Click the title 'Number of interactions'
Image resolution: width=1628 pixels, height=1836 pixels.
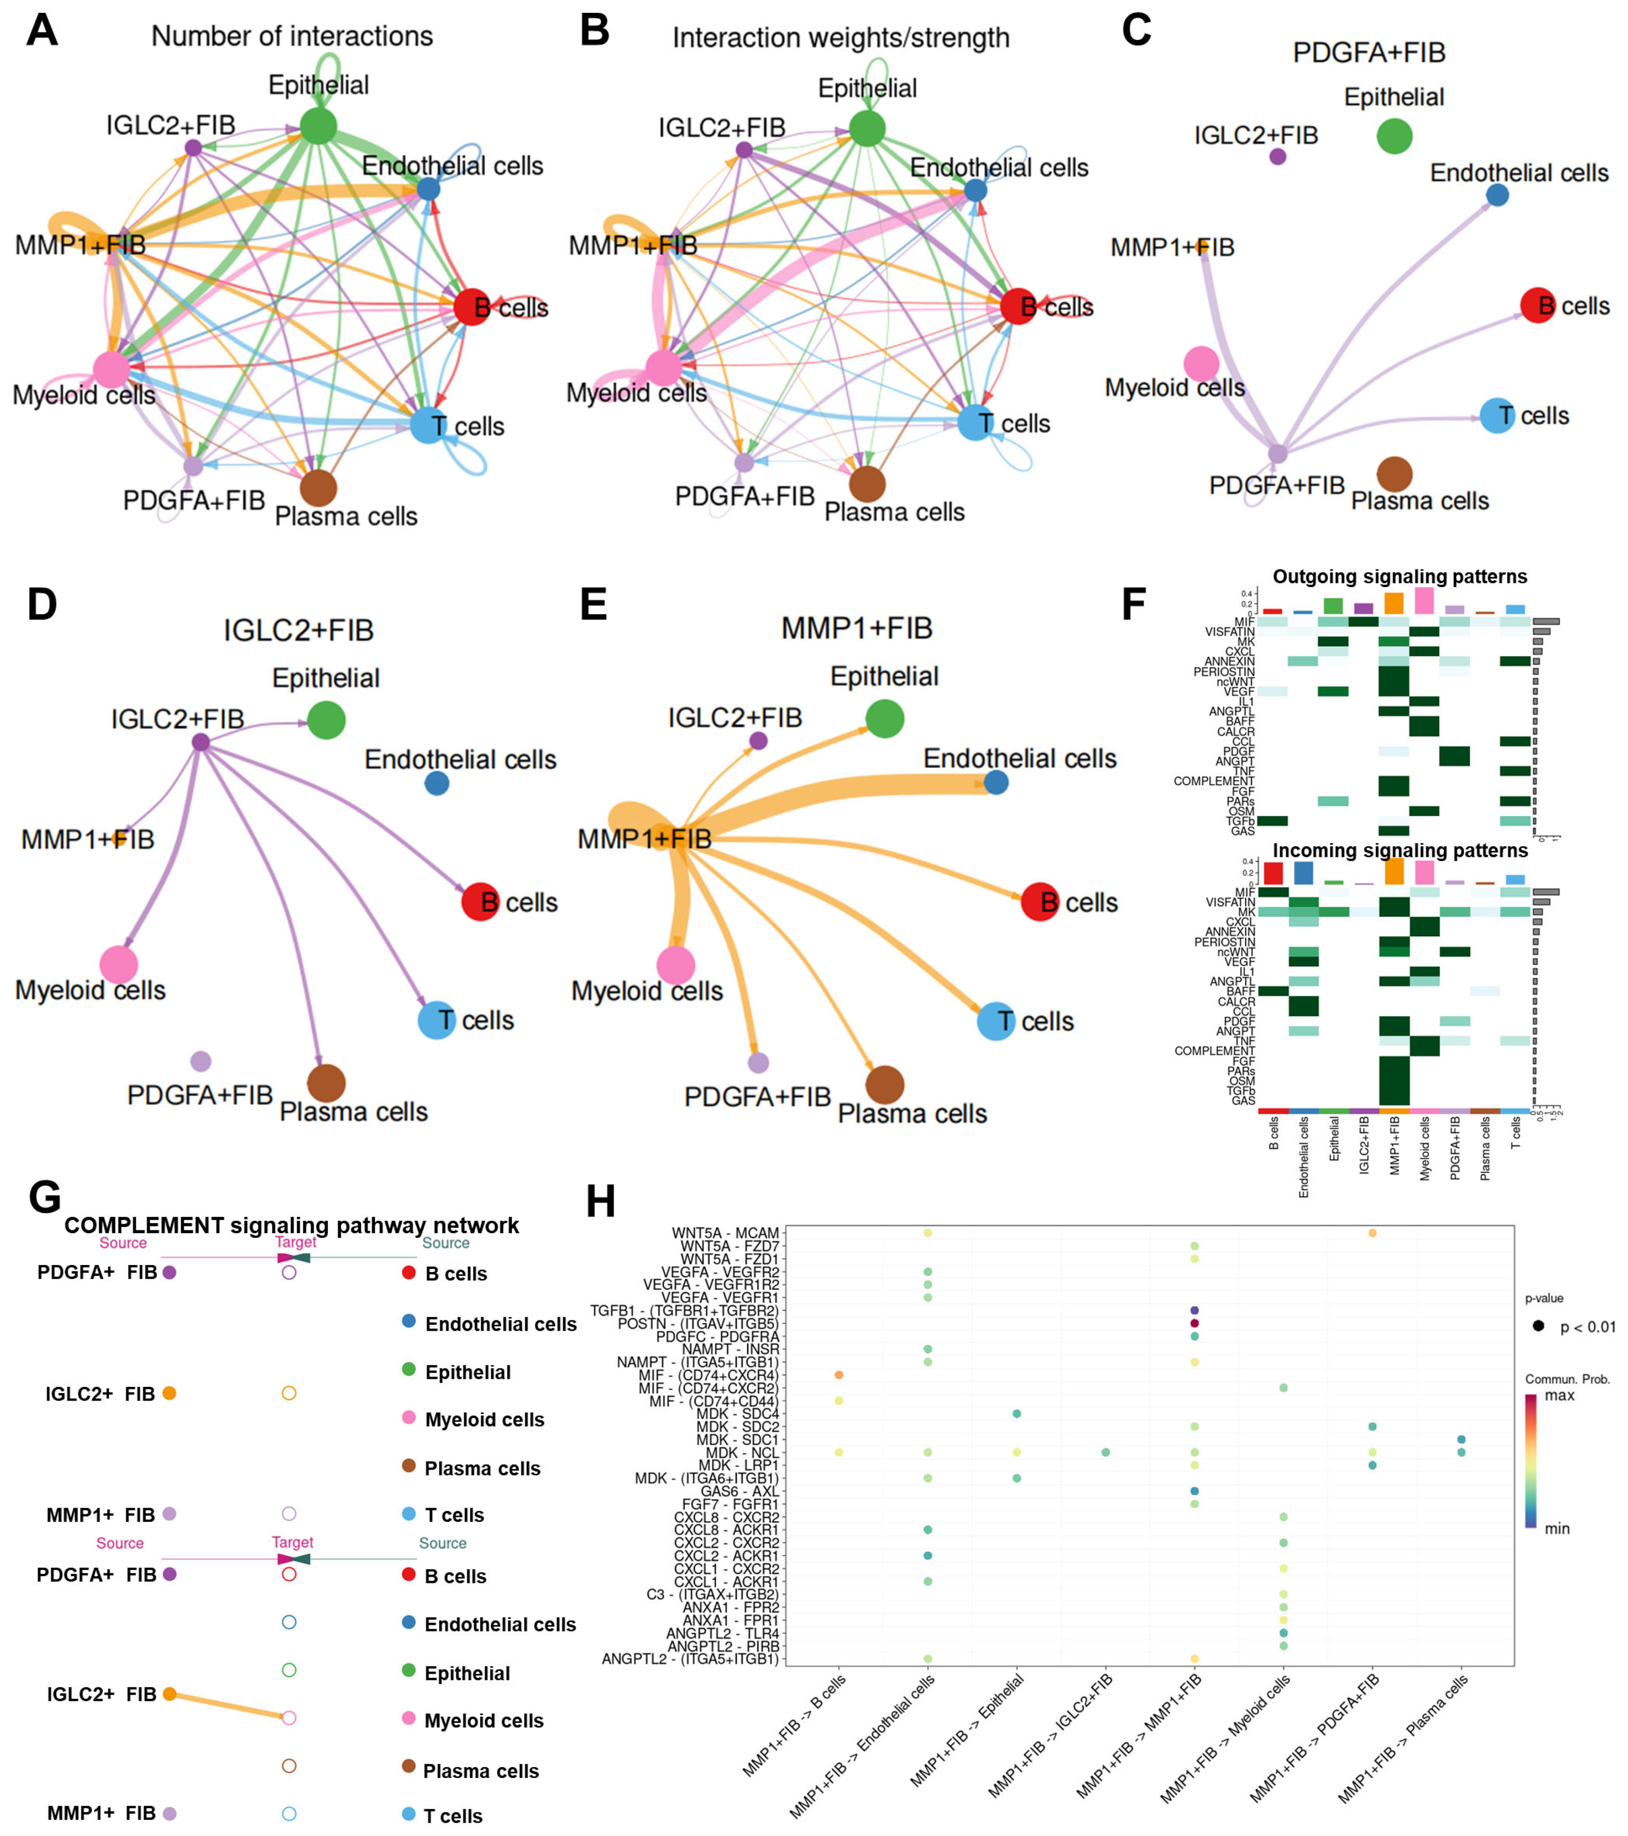[x=292, y=36]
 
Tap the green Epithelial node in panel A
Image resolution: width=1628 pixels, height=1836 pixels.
[x=318, y=126]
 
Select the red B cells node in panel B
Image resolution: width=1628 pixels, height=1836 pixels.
[x=1018, y=306]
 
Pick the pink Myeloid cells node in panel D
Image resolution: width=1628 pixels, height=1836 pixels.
[x=118, y=965]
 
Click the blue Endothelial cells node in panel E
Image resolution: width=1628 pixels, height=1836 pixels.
[x=996, y=782]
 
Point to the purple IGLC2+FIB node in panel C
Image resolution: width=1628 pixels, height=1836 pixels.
[x=1278, y=157]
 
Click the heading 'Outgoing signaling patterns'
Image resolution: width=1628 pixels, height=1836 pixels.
[x=1399, y=577]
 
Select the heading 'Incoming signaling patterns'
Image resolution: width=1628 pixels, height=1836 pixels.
[x=1399, y=851]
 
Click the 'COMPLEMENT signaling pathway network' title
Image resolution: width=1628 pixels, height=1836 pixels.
[x=291, y=1225]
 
